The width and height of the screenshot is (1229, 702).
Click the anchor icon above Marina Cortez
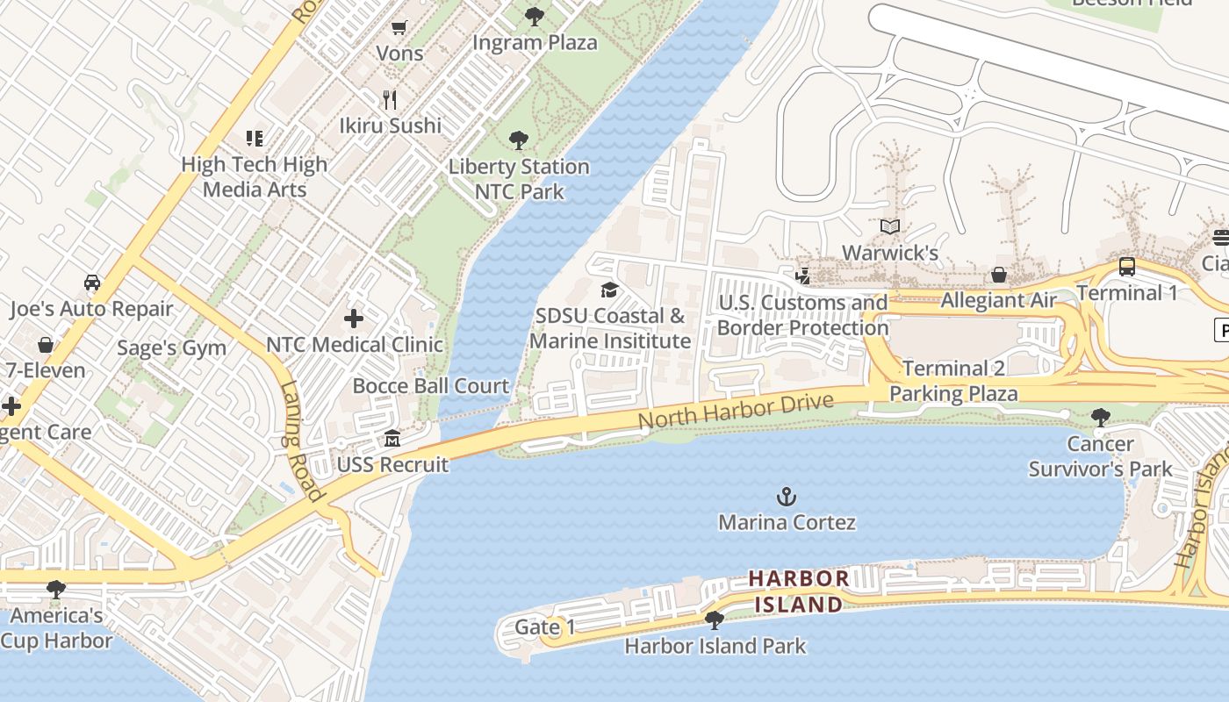pos(787,498)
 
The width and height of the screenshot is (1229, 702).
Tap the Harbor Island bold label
pos(798,591)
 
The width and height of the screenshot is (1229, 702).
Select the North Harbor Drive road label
pos(735,412)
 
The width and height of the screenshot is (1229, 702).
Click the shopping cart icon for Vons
pos(399,28)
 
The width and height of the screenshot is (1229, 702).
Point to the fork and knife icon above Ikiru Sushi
pos(391,100)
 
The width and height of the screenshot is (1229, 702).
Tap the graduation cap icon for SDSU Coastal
pos(609,290)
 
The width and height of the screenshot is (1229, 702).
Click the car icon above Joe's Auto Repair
pos(91,283)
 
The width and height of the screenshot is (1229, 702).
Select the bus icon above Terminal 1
pos(1127,267)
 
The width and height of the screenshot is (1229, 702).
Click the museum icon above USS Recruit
pos(392,439)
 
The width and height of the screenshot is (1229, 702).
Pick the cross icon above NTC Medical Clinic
pos(354,319)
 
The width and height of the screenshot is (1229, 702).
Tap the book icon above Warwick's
pos(890,227)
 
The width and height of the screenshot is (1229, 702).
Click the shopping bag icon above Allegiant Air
pos(999,276)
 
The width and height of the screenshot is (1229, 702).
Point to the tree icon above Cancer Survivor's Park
pos(1100,418)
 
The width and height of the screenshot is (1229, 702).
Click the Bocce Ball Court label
pos(430,386)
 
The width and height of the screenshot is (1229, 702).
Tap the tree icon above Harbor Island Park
pos(715,620)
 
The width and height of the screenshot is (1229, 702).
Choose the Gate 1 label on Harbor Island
pos(544,627)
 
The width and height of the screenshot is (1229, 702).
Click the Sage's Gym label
pos(171,348)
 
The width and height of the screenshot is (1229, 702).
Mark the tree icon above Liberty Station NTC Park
pos(519,140)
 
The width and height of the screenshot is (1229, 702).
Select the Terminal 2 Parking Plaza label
pos(953,380)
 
